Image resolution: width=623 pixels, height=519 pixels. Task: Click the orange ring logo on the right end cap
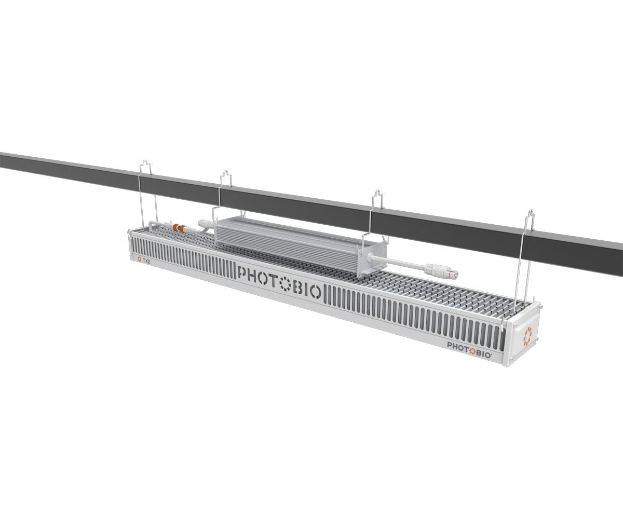(527, 335)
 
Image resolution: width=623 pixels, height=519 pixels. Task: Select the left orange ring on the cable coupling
(175, 226)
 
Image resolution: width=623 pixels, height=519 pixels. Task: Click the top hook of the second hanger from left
(226, 176)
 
